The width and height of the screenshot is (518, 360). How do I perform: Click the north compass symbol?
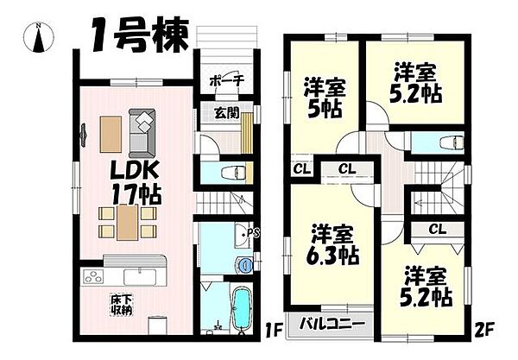point(40,35)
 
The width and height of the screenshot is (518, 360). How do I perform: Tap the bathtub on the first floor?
point(241,307)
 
